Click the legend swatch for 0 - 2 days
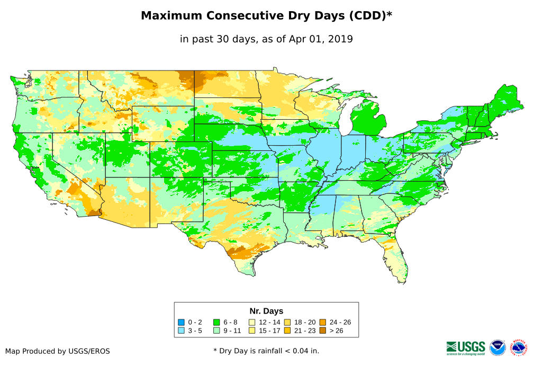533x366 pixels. [x=181, y=322]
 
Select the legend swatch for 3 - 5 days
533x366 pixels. [x=181, y=331]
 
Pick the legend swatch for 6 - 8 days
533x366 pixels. [x=216, y=322]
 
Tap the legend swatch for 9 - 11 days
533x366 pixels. [x=216, y=331]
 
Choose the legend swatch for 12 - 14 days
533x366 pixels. [x=252, y=322]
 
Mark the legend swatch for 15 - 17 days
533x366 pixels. [x=252, y=331]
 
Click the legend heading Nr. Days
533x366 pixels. [x=266, y=311]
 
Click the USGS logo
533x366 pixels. [x=466, y=347]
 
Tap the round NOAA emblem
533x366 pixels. [x=498, y=347]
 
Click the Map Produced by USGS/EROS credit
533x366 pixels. [x=58, y=351]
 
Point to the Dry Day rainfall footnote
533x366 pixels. [x=266, y=351]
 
